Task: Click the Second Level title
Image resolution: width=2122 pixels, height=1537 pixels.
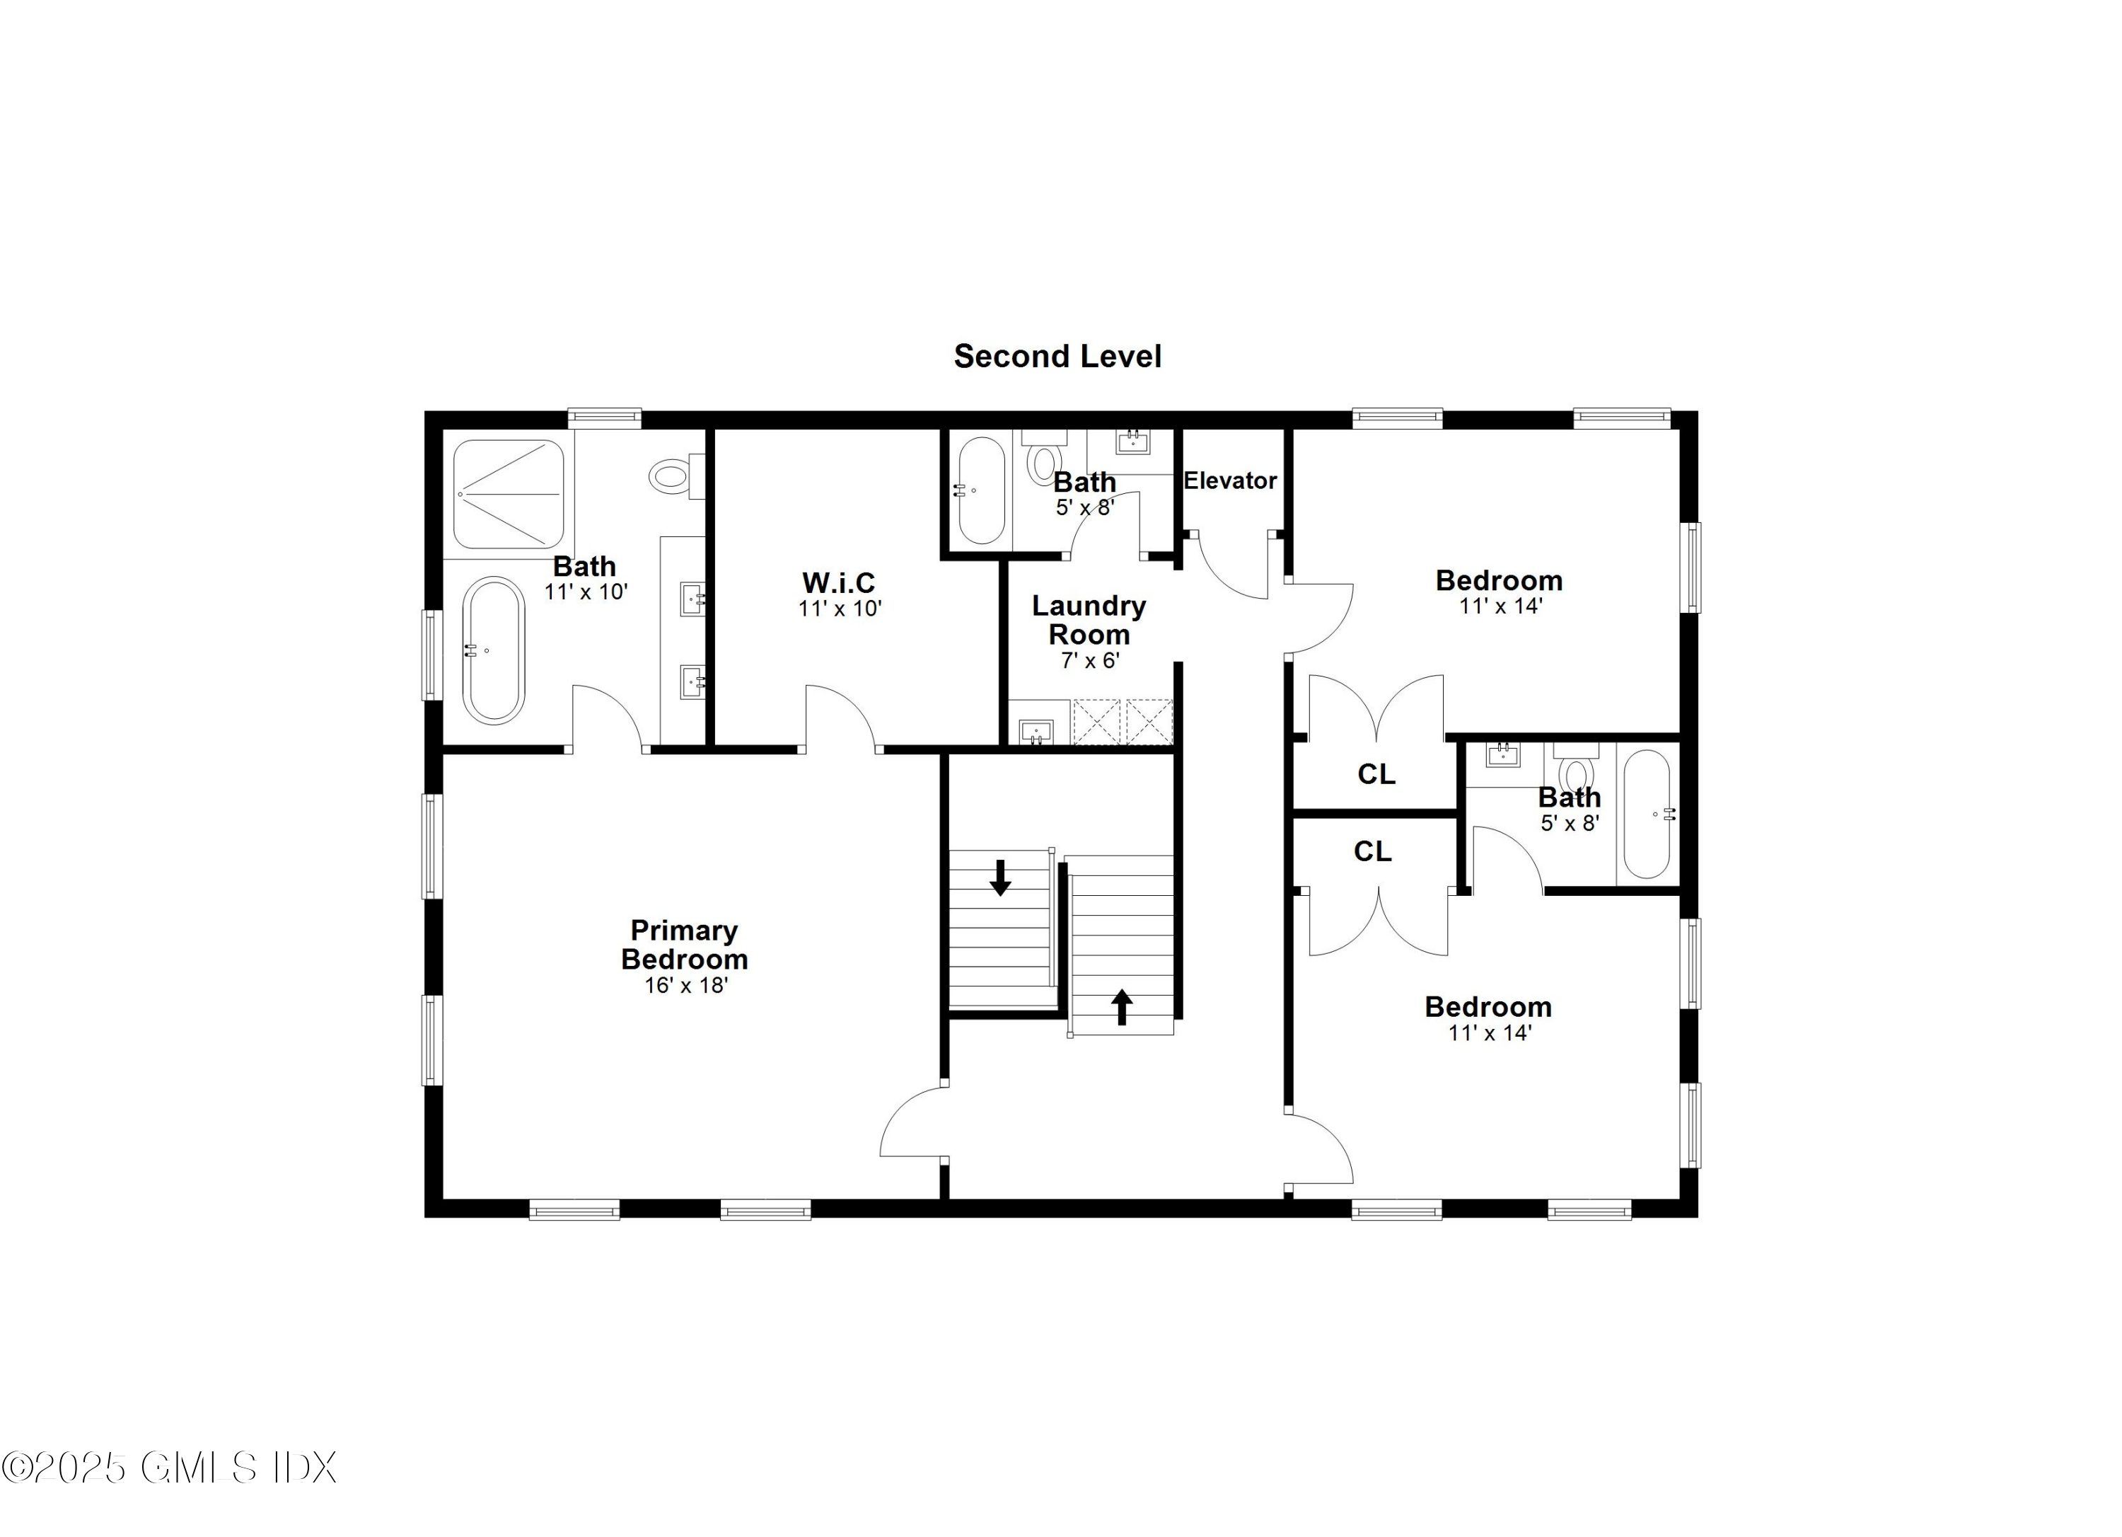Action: coord(1057,357)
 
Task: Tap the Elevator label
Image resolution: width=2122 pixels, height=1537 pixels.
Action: coord(1229,481)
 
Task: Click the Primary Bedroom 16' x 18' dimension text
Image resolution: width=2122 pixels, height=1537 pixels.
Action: coord(686,986)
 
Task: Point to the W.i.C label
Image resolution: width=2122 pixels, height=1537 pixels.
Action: coord(838,583)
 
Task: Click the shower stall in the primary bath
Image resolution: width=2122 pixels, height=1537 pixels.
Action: coord(508,493)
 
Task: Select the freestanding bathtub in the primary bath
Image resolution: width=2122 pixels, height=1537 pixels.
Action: coord(493,650)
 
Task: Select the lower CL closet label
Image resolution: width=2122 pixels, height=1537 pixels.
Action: coord(1372,851)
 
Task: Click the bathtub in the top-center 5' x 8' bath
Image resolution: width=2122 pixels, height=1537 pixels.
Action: coord(980,490)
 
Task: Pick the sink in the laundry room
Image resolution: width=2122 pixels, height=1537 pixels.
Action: coord(1036,730)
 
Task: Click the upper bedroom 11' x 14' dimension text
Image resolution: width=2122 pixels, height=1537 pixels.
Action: coord(1500,606)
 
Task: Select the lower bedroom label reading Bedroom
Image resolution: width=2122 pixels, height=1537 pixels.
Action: coord(1488,1007)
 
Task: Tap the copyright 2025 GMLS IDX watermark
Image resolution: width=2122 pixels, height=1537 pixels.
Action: coord(168,1467)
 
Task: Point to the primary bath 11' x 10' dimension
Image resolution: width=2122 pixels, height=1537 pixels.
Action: coord(586,592)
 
